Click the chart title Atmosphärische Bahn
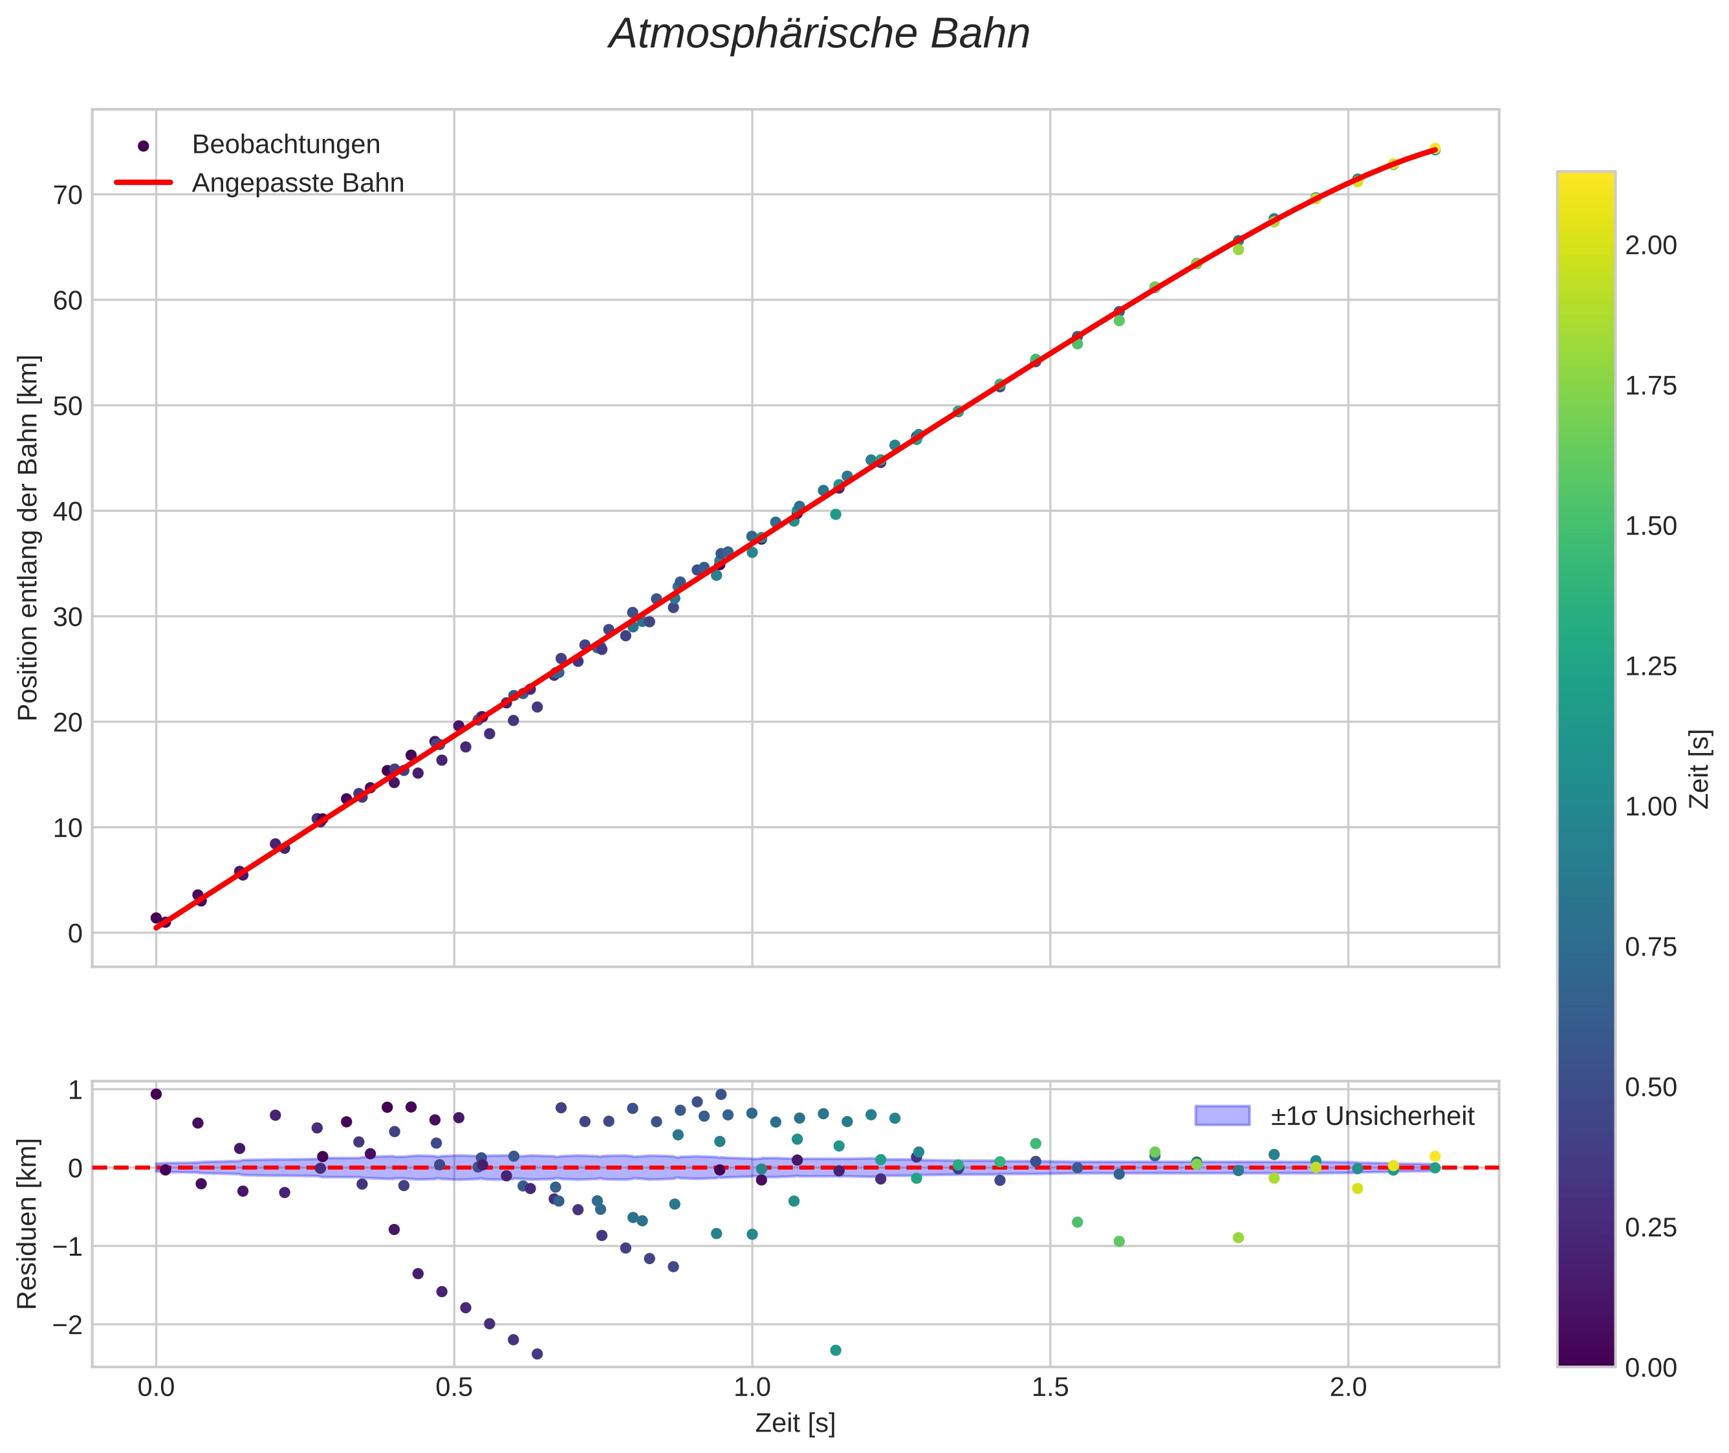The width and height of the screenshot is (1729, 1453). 819,34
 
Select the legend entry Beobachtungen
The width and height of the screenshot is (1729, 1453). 285,145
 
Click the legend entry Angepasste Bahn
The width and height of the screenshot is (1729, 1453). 298,183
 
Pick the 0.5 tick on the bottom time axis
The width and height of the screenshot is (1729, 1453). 454,1388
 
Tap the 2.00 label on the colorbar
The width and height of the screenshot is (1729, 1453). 1651,245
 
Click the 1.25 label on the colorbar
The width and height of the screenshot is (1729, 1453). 1651,666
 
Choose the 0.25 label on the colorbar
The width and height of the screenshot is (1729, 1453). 1651,1228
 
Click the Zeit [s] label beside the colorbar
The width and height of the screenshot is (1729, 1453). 1700,769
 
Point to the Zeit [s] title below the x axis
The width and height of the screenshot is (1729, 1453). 795,1423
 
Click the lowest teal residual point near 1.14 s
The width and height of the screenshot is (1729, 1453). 835,1350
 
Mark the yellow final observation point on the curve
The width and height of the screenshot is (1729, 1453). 1435,149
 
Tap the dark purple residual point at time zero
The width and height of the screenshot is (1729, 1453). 156,1094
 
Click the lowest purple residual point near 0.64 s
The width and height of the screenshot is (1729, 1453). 537,1353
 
